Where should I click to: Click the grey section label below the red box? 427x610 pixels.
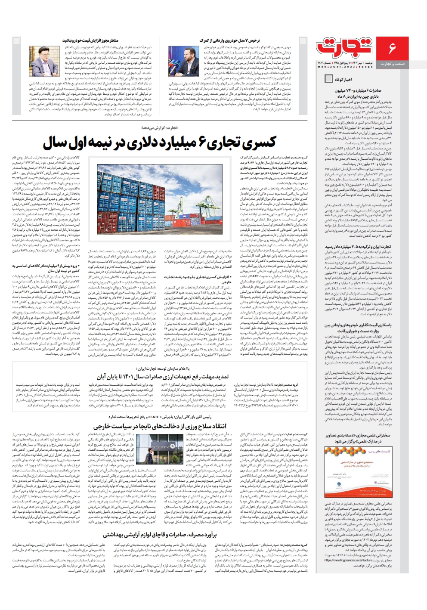[392, 64]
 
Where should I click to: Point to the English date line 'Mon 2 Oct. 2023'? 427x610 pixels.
[334, 67]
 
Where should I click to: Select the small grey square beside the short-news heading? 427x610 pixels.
[328, 79]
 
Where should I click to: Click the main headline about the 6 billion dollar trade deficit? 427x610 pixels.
[160, 142]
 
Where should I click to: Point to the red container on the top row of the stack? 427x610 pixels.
[125, 170]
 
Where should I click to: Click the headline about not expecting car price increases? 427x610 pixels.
[90, 40]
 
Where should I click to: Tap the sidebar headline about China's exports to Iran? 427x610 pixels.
[358, 93]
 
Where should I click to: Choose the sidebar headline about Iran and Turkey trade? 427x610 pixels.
[359, 247]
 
